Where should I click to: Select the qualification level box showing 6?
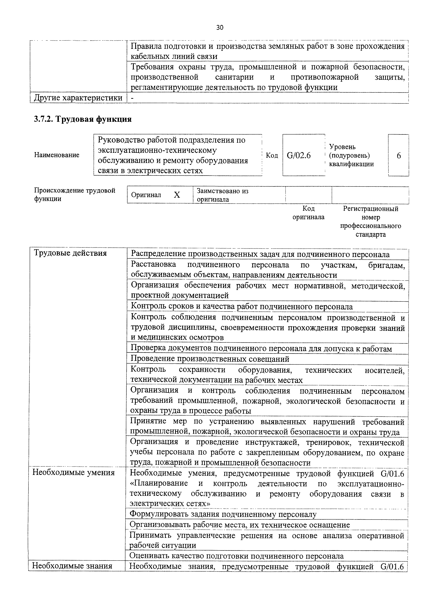point(399,155)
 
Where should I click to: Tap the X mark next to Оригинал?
point(177,195)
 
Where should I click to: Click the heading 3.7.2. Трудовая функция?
point(83,119)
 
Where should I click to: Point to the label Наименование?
point(57,155)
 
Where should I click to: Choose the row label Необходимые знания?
point(72,566)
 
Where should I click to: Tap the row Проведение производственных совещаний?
point(210,359)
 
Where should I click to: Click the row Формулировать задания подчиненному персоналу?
point(223,514)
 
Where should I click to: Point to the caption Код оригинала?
point(308,213)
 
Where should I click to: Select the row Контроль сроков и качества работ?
point(242,307)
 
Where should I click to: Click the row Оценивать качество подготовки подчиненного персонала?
point(236,556)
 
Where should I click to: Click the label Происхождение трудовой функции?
point(75,195)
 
